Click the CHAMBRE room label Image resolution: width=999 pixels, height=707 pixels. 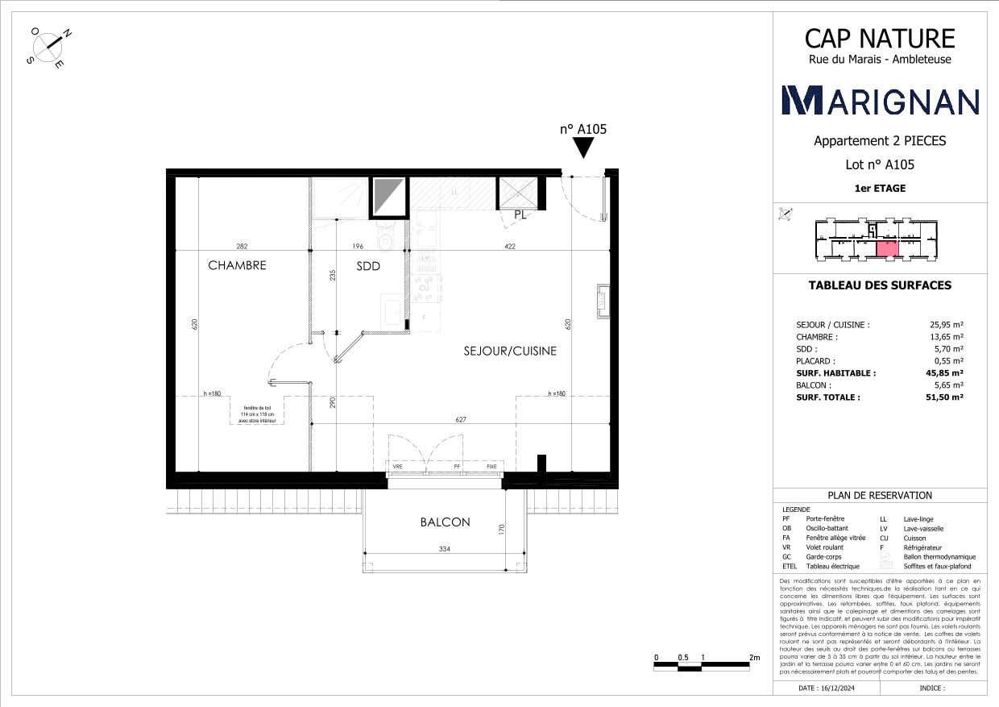(237, 265)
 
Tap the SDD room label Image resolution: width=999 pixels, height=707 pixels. (368, 266)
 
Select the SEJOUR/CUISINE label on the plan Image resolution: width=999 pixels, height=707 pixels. (510, 351)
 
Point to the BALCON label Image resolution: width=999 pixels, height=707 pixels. (445, 522)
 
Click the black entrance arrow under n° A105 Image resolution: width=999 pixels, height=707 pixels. (584, 148)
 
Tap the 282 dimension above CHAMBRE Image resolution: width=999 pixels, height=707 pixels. (242, 247)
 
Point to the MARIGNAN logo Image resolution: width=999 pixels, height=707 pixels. (881, 100)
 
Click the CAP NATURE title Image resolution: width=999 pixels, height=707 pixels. (880, 38)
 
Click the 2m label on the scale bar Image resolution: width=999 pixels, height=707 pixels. (754, 658)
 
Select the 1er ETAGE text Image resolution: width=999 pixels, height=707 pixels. (880, 188)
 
